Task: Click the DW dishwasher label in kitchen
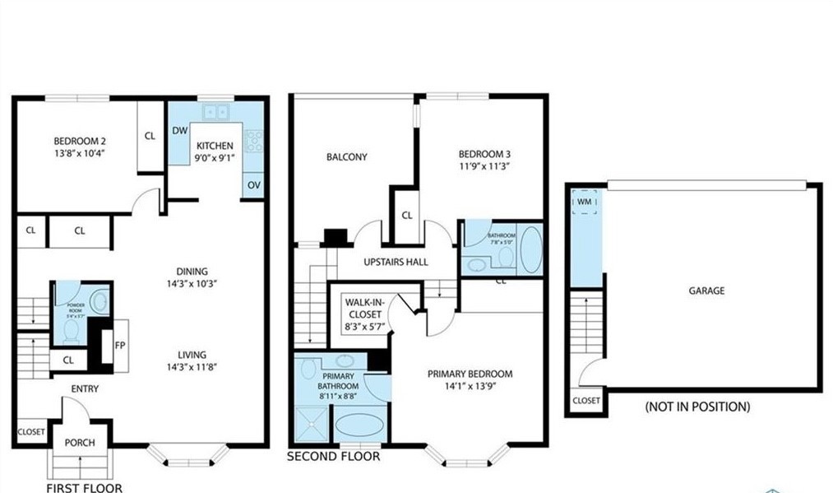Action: (178, 130)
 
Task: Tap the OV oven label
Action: (253, 185)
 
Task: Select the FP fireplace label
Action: (120, 346)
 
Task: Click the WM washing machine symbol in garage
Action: (585, 202)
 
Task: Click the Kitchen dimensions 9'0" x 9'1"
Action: (214, 159)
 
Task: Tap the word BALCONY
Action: (346, 157)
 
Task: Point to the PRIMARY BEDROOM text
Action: (470, 374)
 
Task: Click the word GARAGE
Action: (706, 291)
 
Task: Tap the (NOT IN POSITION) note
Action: (697, 407)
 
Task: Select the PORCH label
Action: (80, 443)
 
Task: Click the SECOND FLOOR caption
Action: (333, 456)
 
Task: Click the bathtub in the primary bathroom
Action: (359, 426)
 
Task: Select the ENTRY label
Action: (85, 388)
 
